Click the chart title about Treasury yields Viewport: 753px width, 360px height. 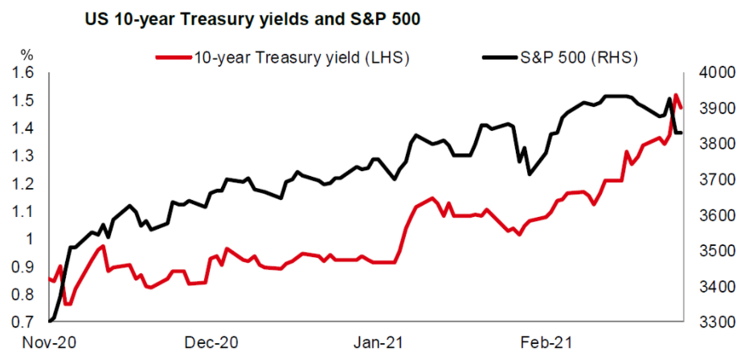pyautogui.click(x=253, y=19)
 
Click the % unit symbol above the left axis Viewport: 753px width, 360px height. pyautogui.click(x=27, y=56)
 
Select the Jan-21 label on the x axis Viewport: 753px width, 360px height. pyautogui.click(x=379, y=343)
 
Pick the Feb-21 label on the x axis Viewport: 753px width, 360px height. pyautogui.click(x=548, y=343)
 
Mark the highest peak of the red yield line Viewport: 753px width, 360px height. pyautogui.click(x=676, y=95)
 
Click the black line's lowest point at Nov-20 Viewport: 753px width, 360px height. pyautogui.click(x=51, y=321)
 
